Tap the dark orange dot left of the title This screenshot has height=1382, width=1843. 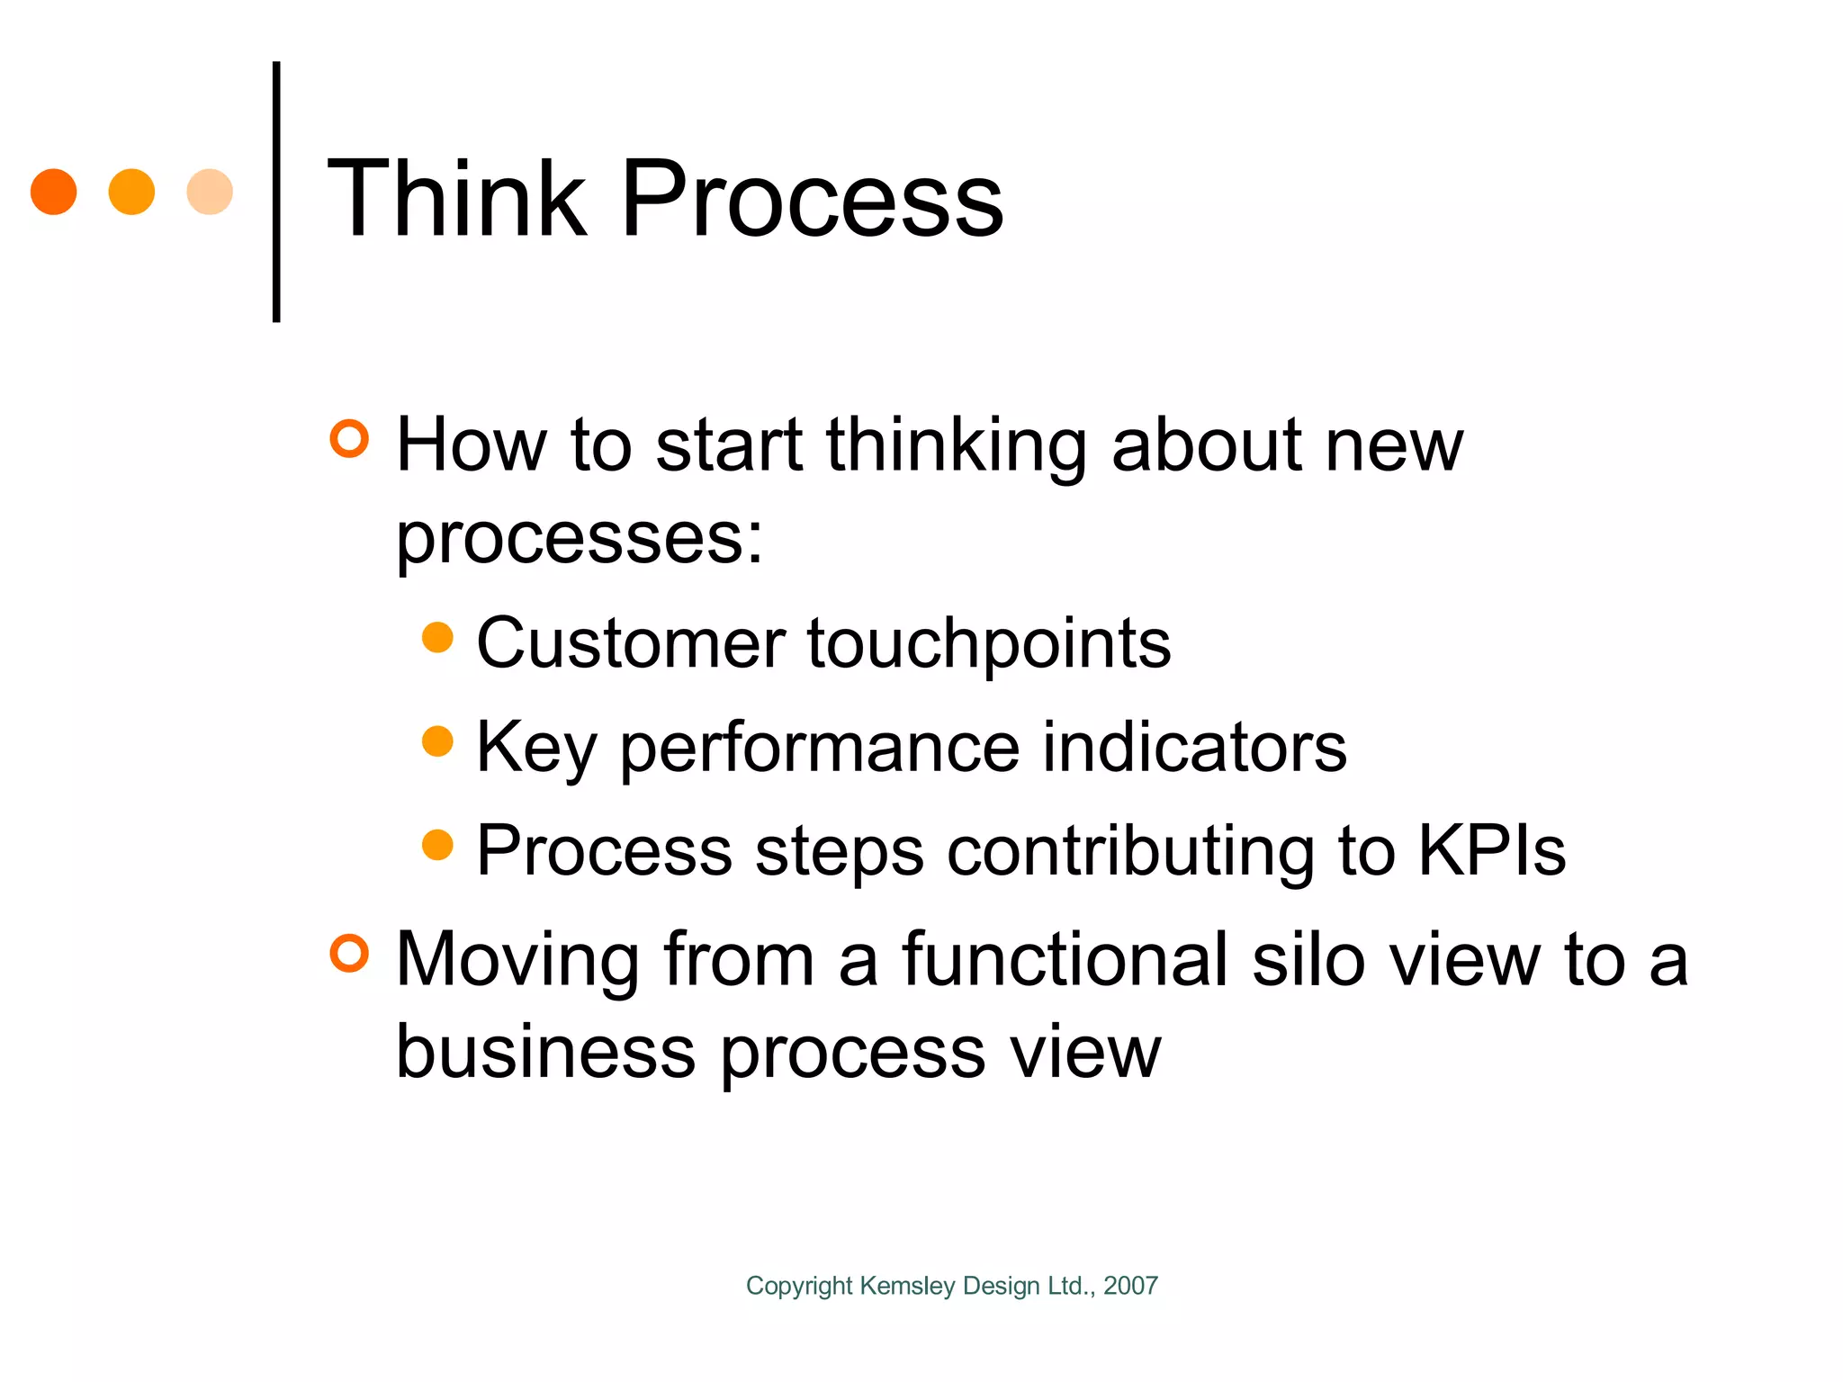click(54, 192)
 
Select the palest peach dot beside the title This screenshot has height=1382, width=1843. click(210, 192)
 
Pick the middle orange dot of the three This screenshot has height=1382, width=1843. click(131, 192)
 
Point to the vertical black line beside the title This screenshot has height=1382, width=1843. click(276, 192)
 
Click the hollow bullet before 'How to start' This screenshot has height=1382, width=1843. click(349, 439)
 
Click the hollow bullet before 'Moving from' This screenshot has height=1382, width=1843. click(349, 954)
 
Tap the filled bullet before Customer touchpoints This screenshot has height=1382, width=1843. click(437, 638)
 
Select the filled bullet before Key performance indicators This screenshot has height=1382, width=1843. click(437, 741)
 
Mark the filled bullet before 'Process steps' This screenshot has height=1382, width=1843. click(437, 846)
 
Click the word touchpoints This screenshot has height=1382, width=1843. click(989, 644)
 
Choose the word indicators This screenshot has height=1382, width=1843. click(1194, 748)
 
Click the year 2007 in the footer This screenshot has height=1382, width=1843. click(1130, 1286)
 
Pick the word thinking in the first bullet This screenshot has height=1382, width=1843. click(957, 446)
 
